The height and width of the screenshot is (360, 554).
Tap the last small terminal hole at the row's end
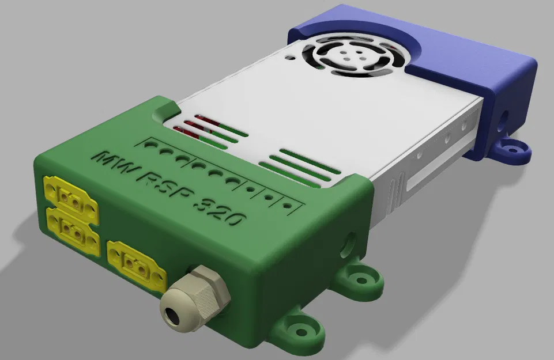coord(287,204)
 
